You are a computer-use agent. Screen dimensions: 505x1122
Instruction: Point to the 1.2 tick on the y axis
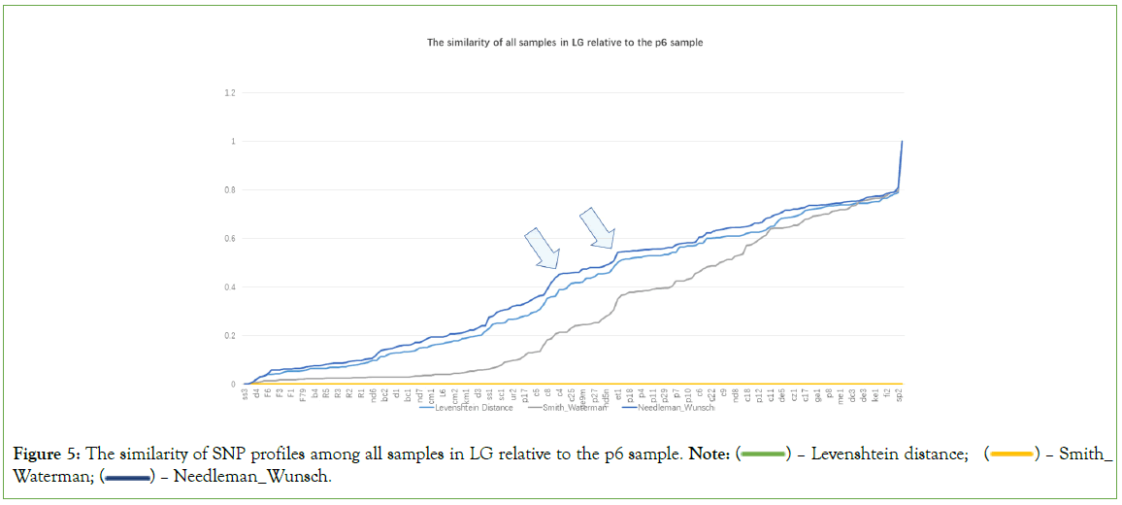coord(230,93)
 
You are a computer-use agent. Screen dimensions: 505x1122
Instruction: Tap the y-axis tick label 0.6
coord(230,239)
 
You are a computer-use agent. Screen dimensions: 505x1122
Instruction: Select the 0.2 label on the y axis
coord(230,336)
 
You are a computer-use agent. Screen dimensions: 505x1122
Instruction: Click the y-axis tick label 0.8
coord(230,190)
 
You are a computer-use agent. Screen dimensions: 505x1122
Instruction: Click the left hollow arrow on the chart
coord(542,248)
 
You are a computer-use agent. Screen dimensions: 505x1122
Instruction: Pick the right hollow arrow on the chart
coord(596,227)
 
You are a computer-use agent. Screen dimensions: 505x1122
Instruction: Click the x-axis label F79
coord(303,396)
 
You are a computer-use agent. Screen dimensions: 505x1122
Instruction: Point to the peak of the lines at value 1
coord(903,142)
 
